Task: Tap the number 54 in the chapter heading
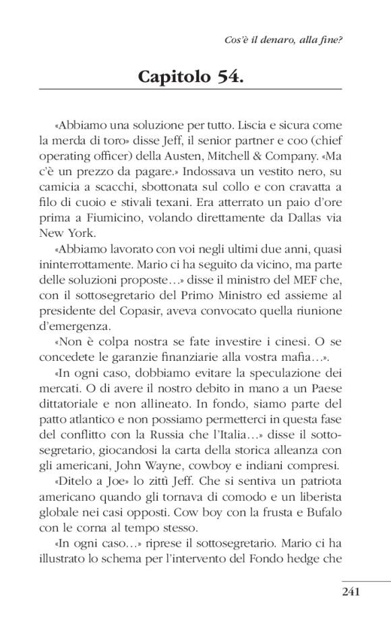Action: pyautogui.click(x=228, y=77)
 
